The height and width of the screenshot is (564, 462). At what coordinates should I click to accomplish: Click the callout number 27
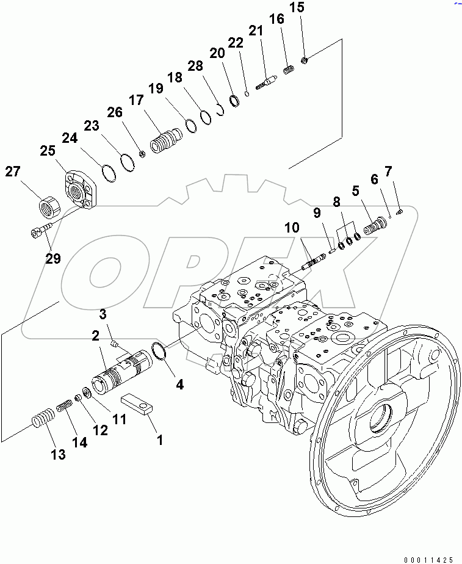[13, 172]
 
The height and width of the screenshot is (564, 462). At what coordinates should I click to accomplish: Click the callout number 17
[135, 100]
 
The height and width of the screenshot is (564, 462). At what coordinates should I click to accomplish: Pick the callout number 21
[255, 31]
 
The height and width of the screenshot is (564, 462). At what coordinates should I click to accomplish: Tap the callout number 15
[296, 7]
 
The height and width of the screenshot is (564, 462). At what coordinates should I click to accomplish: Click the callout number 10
[292, 228]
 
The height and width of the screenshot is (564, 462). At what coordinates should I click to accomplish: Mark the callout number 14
[79, 443]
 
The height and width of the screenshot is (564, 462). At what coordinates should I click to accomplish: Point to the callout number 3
[103, 314]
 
